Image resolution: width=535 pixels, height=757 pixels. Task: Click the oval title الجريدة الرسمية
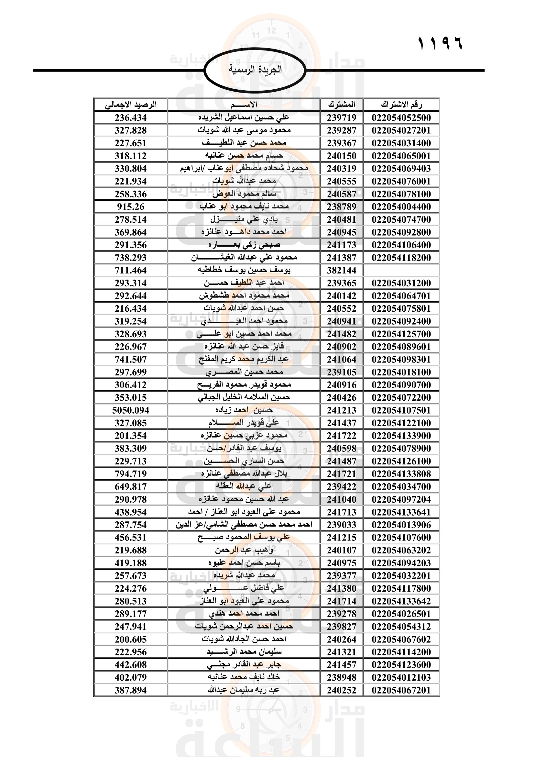pos(255,70)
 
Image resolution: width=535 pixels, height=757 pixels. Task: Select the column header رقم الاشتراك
pos(401,105)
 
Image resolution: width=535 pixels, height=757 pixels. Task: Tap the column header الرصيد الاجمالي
pos(130,105)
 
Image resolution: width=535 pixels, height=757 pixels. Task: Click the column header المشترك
pos(342,105)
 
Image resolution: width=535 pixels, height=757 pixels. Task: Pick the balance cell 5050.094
pos(130,410)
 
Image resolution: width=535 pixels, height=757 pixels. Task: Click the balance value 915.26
pos(130,207)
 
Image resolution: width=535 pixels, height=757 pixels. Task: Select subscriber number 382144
pos(342,270)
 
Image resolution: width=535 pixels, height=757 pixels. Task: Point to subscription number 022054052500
pos(401,118)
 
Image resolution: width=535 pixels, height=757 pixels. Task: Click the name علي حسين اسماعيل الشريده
pos(244,117)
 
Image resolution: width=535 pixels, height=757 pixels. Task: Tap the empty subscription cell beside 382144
pos(401,270)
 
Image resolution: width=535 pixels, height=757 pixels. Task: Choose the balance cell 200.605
pos(130,639)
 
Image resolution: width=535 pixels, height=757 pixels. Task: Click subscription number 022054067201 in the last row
pos(401,690)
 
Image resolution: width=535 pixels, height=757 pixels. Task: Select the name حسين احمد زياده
pos(244,410)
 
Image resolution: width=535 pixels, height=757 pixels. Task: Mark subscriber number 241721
pos(342,474)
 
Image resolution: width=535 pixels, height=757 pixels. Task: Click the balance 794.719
pos(130,474)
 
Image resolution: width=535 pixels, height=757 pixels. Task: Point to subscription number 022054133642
pos(401,601)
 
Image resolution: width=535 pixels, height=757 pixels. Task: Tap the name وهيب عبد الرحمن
pos(244,550)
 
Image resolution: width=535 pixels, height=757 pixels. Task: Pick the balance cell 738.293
pos(130,258)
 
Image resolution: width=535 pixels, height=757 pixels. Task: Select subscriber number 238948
pos(342,677)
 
